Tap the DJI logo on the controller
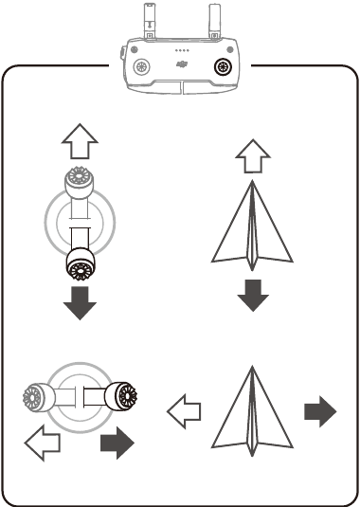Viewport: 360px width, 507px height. (181, 66)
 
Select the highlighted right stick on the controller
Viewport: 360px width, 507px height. (225, 66)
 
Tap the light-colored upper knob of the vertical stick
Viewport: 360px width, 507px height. (77, 179)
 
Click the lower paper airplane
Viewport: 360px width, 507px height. (249, 411)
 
